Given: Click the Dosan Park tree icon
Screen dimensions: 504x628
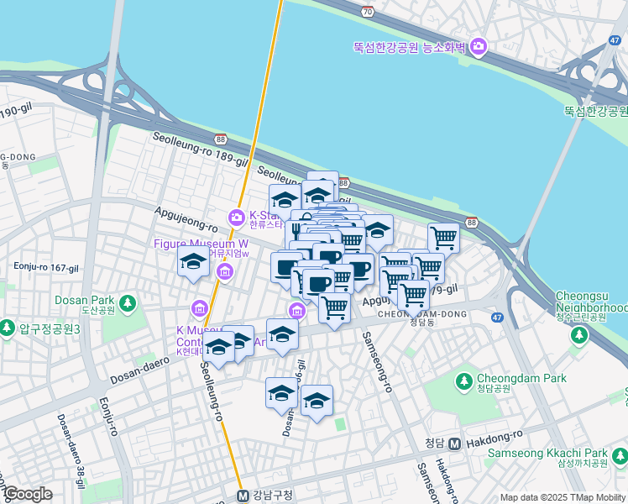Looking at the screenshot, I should (x=127, y=302).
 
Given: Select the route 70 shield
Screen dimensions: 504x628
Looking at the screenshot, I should (x=367, y=11).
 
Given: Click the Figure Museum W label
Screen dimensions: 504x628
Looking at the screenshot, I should (x=200, y=244).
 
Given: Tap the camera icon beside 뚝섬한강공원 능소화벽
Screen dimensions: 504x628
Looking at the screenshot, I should (x=479, y=47).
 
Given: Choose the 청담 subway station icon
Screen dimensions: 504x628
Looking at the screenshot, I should (x=453, y=444).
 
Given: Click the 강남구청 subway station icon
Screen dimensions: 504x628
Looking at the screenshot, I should (x=243, y=495).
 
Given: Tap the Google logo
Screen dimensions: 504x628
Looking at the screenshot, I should (x=27, y=494).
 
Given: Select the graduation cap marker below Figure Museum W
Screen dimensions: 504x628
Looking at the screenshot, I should (x=193, y=263).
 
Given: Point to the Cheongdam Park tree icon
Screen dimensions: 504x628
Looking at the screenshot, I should (x=463, y=382).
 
